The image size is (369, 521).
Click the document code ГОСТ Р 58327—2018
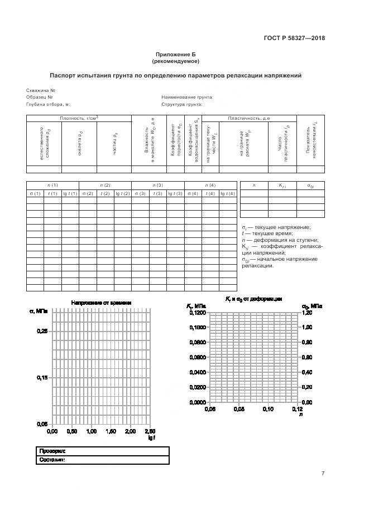click(294, 38)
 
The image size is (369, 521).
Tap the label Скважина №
click(40, 90)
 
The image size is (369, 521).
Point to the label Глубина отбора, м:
click(48, 104)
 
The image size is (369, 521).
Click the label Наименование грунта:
click(187, 97)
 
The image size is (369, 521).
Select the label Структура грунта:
click(181, 104)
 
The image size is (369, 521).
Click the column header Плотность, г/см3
click(79, 118)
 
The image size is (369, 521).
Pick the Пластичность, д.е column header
click(249, 118)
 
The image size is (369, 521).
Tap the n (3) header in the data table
click(158, 185)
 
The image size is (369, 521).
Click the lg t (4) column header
click(227, 193)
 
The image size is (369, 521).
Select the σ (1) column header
click(35, 193)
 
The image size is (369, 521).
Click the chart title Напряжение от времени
click(101, 303)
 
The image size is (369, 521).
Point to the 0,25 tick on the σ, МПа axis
click(42, 332)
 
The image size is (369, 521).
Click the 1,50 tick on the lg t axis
click(111, 431)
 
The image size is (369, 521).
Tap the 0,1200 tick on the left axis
click(198, 313)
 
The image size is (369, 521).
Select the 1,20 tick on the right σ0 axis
click(307, 313)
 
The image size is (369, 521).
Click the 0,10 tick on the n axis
click(267, 409)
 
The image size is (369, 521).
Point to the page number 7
click(322, 474)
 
